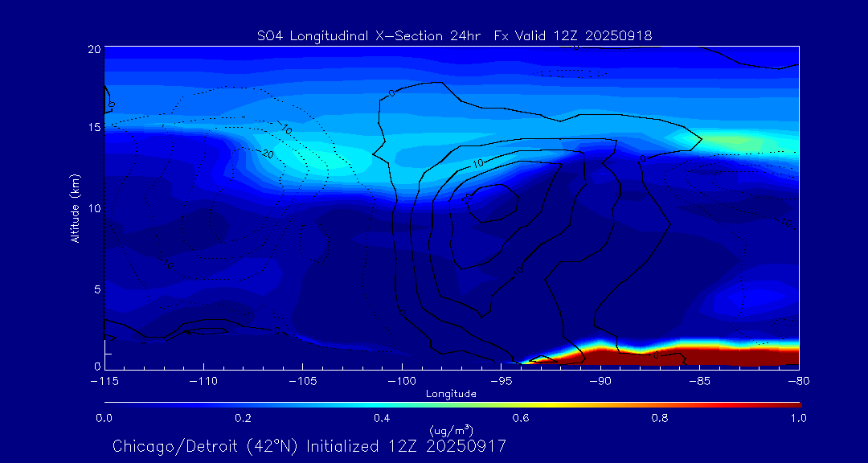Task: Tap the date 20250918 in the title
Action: (x=620, y=35)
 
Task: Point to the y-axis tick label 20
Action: (x=94, y=49)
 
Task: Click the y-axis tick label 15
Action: (x=94, y=128)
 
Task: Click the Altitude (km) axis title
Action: (x=76, y=208)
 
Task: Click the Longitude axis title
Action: (x=451, y=394)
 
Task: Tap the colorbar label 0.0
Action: (x=104, y=418)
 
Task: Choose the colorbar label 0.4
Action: (x=382, y=418)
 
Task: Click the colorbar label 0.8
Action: (x=660, y=418)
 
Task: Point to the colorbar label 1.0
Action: (x=798, y=418)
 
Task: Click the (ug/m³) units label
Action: (x=451, y=430)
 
